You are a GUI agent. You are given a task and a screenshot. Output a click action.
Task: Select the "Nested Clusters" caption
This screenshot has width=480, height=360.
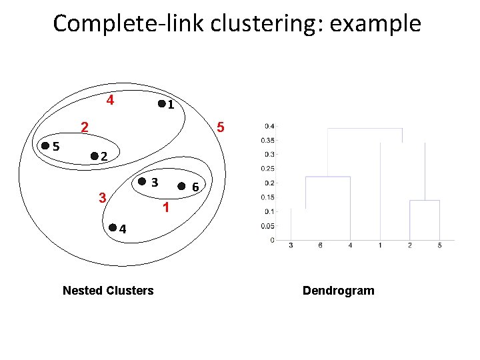coord(107,290)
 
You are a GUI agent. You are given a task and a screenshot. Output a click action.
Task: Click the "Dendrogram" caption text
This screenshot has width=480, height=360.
coord(339,290)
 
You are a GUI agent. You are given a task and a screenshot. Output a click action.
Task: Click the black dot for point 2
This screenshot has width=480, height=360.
coord(94,156)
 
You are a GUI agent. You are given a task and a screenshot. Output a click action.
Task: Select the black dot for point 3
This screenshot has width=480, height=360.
coord(142,182)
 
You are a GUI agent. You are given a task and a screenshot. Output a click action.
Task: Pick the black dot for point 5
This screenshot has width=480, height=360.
coord(45,145)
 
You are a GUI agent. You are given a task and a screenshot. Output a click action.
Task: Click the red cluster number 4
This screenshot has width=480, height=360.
coord(110,101)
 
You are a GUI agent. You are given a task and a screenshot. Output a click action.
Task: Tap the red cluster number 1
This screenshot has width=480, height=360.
coord(167,208)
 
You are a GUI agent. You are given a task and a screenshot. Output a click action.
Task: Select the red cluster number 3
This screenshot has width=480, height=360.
coord(101,197)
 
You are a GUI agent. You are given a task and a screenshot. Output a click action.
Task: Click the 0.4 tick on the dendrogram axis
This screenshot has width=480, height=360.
coord(269,126)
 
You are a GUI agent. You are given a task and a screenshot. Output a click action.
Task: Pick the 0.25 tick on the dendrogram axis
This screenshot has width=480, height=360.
coord(267,169)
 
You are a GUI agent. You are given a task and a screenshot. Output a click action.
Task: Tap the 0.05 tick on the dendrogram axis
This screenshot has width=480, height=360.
coord(267,226)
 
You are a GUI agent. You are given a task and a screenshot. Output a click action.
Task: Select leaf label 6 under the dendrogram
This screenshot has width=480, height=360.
coord(321,245)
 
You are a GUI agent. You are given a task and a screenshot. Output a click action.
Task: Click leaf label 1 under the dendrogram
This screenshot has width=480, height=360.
coord(380,245)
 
